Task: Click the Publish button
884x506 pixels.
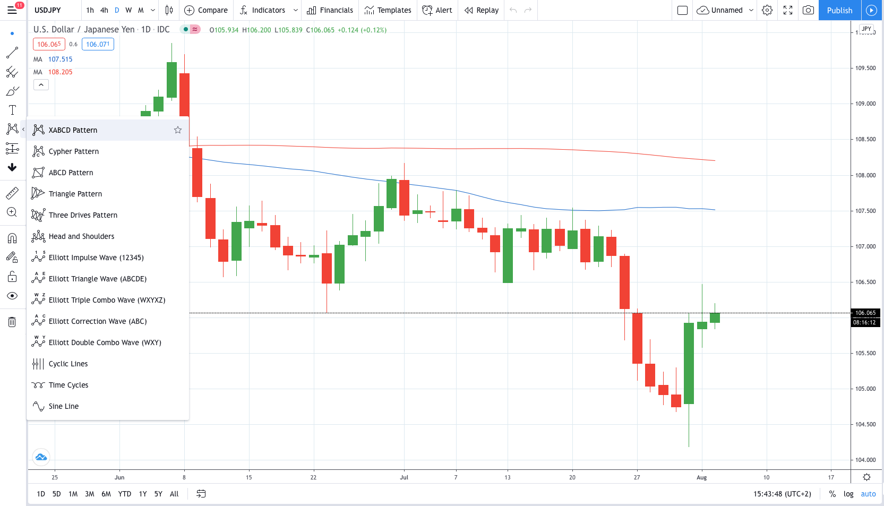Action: [839, 10]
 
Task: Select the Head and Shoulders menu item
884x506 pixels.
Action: [81, 236]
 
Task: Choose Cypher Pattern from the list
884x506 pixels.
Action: [74, 151]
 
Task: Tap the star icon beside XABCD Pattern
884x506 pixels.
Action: [178, 130]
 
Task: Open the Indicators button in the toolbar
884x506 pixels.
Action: [263, 10]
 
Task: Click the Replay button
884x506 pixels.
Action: [482, 10]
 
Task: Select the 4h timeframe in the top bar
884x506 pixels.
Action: [104, 10]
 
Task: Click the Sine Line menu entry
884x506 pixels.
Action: [64, 406]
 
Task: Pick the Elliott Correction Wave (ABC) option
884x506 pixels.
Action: [98, 321]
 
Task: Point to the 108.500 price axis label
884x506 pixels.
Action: [865, 139]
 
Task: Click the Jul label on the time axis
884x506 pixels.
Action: [404, 477]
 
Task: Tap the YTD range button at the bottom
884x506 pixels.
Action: [125, 494]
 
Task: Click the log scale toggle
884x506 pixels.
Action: [848, 494]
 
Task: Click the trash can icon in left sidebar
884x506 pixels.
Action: [12, 322]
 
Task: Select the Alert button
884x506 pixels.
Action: [437, 10]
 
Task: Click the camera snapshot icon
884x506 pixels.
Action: [808, 10]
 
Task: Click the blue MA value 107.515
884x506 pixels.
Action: [60, 59]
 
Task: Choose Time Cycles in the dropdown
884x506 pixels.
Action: [68, 385]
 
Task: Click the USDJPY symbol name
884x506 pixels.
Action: [48, 10]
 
